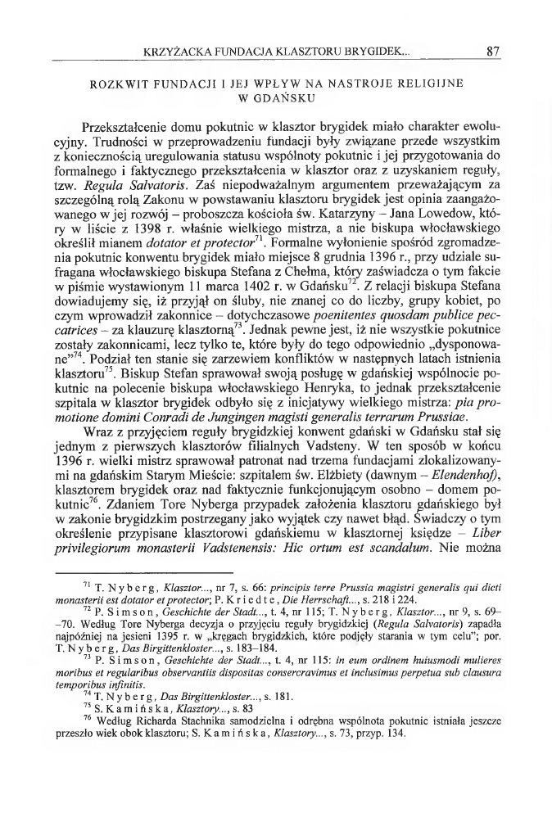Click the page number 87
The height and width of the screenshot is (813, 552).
tap(492, 51)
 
